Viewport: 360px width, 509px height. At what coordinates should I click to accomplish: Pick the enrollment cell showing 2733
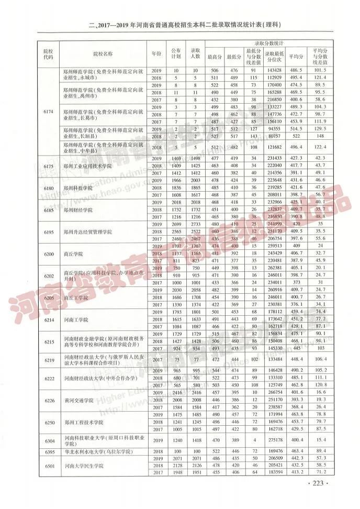pyautogui.click(x=195, y=224)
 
